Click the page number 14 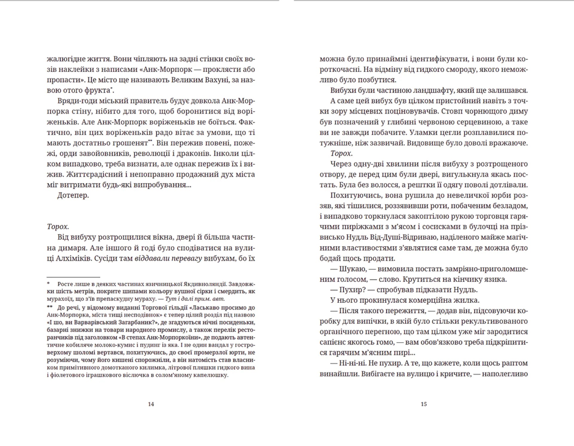pyautogui.click(x=151, y=404)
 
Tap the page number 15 pyautogui.click(x=424, y=404)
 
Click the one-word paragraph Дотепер pyautogui.click(x=73, y=195)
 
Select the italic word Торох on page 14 pyautogui.click(x=57, y=227)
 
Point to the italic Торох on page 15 pyautogui.click(x=341, y=154)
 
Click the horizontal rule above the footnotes pyautogui.click(x=73, y=277)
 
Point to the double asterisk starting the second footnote pyautogui.click(x=49, y=307)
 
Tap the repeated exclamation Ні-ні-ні pyautogui.click(x=352, y=363)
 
